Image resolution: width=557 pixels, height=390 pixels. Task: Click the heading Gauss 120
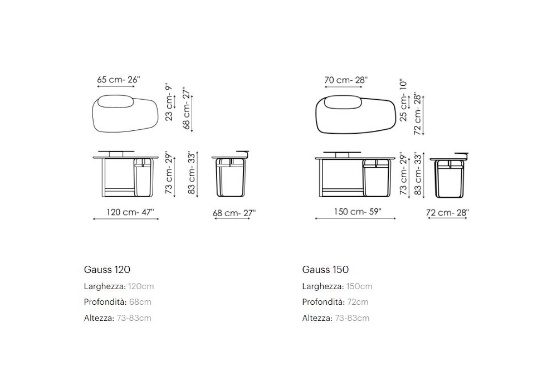tap(107, 270)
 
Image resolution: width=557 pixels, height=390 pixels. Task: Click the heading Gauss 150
tap(325, 270)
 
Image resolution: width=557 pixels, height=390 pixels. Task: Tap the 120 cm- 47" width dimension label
tap(130, 212)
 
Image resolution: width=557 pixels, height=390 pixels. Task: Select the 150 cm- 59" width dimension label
tap(358, 212)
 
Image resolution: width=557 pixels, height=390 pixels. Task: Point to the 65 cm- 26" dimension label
tap(119, 80)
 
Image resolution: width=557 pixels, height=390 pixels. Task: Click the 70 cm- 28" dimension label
tap(346, 80)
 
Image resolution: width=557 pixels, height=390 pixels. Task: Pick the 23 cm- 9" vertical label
tap(169, 103)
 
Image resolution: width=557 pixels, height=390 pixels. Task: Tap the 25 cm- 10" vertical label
tap(403, 100)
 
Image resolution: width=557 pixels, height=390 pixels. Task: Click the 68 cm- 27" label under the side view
tap(234, 213)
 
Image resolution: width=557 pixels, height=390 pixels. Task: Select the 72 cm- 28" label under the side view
tap(448, 213)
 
